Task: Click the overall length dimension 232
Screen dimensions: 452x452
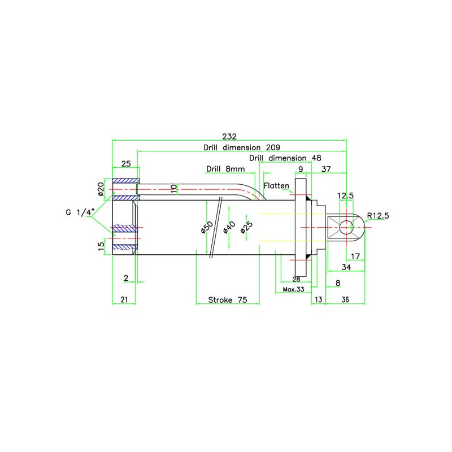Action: click(x=229, y=136)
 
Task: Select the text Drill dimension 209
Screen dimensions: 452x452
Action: click(x=242, y=147)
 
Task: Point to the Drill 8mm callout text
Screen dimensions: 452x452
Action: click(x=225, y=168)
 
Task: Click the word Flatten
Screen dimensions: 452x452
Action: click(x=276, y=185)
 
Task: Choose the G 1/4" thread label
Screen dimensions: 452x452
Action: click(x=79, y=212)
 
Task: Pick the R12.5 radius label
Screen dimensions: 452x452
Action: click(x=378, y=215)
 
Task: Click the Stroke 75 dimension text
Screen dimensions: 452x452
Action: click(x=227, y=300)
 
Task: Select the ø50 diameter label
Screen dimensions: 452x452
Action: click(x=207, y=228)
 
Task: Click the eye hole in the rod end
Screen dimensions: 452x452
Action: click(x=346, y=227)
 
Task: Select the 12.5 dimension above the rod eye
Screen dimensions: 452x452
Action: click(x=346, y=195)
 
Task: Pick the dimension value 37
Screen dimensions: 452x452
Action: click(x=326, y=168)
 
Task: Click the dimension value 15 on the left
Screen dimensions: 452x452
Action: click(x=102, y=246)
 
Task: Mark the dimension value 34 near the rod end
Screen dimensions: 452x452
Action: click(x=345, y=267)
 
